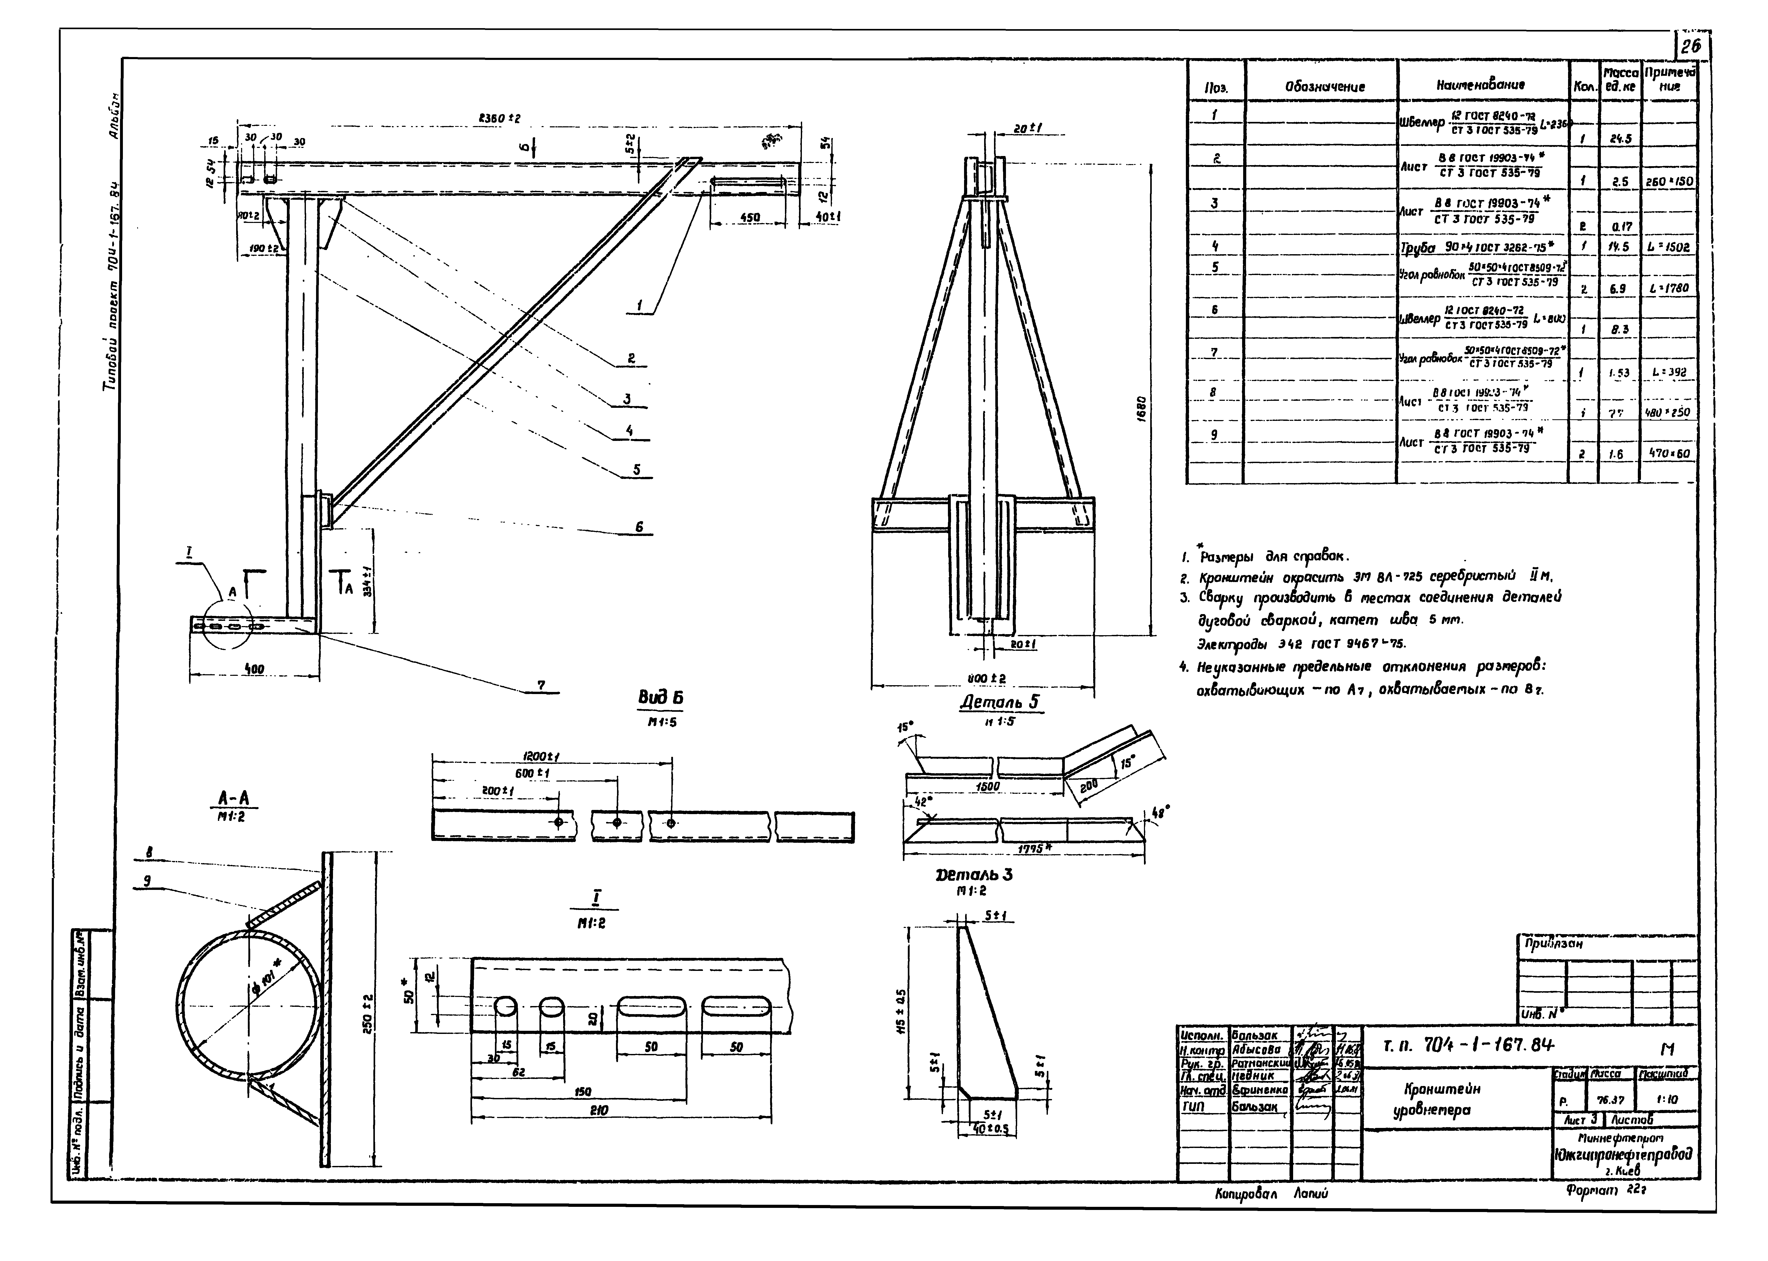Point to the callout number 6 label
click(639, 526)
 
